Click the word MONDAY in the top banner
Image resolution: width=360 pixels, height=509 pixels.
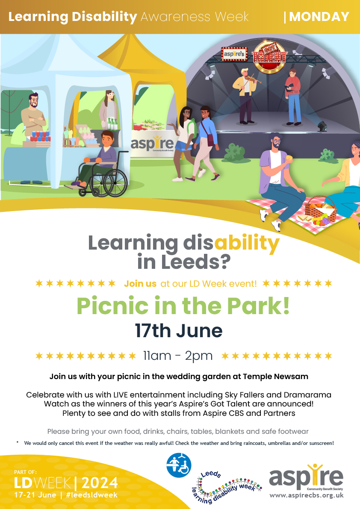click(319, 17)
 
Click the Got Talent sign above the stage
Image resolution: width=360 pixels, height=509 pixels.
click(269, 55)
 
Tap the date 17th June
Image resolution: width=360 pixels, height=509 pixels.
click(179, 331)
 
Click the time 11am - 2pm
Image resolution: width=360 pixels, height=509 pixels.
click(177, 356)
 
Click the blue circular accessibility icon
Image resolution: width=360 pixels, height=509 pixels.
click(178, 465)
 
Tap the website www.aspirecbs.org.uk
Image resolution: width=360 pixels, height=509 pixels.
click(306, 496)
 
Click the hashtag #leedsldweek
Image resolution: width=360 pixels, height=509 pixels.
click(91, 494)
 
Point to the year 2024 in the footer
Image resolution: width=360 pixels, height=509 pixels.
click(100, 483)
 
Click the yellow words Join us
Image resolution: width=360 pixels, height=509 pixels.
click(140, 283)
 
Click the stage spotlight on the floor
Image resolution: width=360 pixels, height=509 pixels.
click(322, 126)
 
